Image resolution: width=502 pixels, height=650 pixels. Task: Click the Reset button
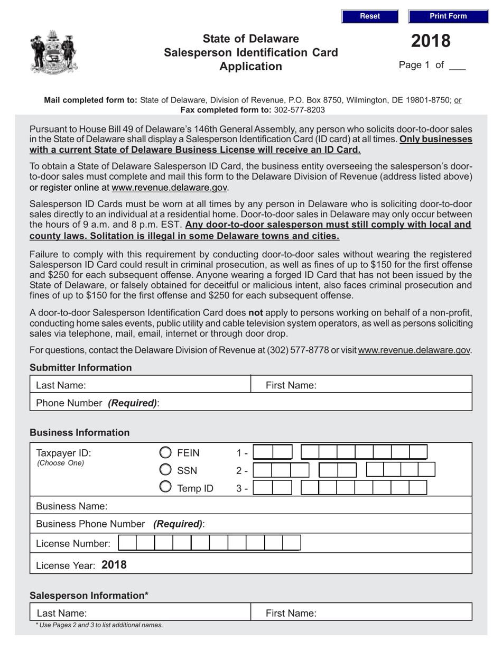pyautogui.click(x=369, y=16)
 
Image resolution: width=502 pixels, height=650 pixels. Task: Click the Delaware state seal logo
pyautogui.click(x=54, y=52)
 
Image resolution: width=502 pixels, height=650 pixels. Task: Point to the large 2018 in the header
pyautogui.click(x=431, y=41)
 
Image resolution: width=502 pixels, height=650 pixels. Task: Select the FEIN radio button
pyautogui.click(x=165, y=452)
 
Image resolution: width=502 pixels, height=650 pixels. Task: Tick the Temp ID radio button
pyautogui.click(x=165, y=487)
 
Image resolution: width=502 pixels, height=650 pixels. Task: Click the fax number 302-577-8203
pyautogui.click(x=300, y=110)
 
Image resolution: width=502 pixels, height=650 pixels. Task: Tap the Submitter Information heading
pyautogui.click(x=80, y=367)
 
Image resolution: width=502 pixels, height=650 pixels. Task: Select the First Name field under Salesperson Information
pyautogui.click(x=391, y=613)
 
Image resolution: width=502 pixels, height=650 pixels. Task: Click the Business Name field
pyautogui.click(x=285, y=506)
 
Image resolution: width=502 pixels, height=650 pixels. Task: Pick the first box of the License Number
pyautogui.click(x=127, y=543)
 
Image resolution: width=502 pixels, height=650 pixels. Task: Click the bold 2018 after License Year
pyautogui.click(x=114, y=565)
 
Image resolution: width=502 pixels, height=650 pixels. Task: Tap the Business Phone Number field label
pyautogui.click(x=120, y=524)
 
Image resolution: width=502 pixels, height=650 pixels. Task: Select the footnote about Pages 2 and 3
pyautogui.click(x=99, y=625)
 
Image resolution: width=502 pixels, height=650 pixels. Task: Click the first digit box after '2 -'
pyautogui.click(x=265, y=470)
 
